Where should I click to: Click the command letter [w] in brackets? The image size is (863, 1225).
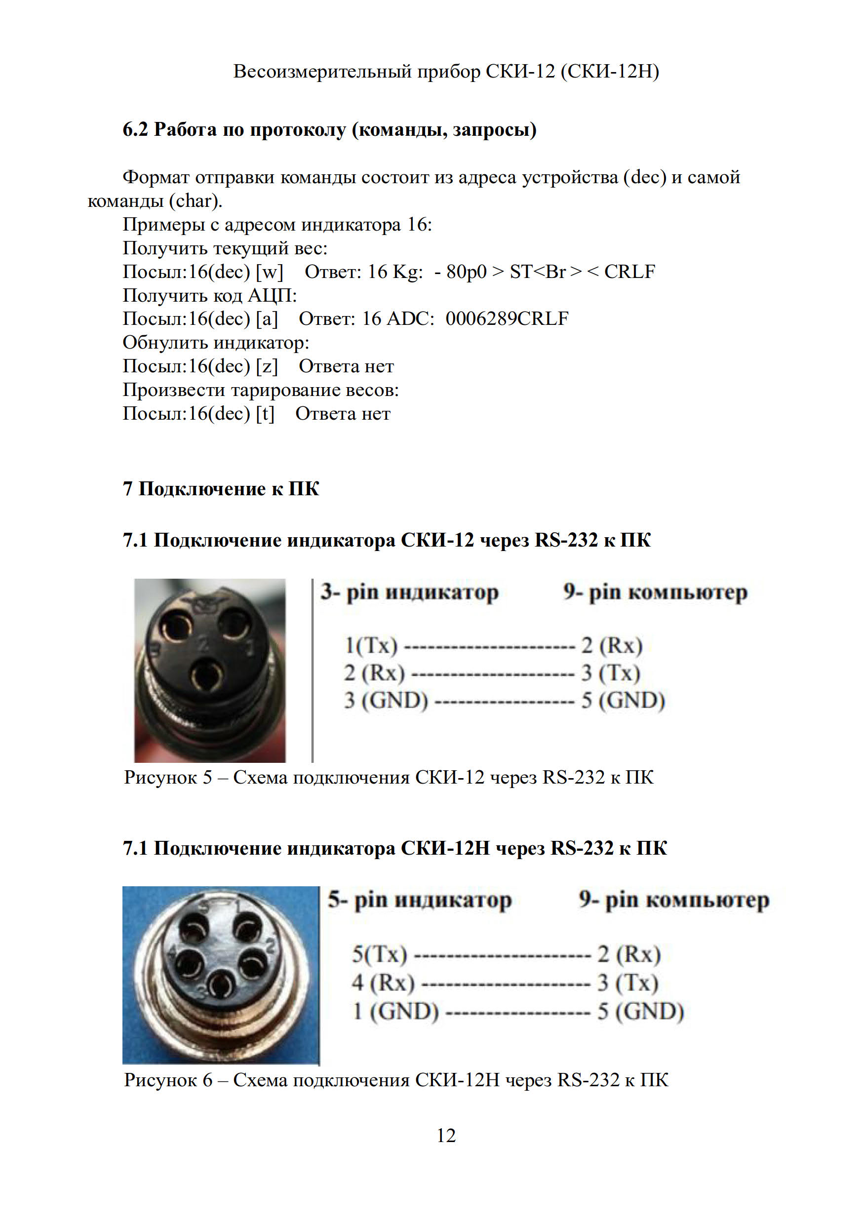[270, 272]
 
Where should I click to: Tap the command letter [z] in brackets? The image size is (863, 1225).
[267, 366]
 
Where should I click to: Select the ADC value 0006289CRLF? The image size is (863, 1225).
[507, 318]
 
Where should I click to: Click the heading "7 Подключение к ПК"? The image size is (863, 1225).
[221, 489]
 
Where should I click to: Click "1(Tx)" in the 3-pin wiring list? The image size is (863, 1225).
[371, 645]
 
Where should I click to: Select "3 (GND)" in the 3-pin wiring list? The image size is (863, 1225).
[386, 700]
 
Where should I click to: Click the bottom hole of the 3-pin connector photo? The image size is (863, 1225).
[207, 676]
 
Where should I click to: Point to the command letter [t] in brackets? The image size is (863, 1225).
[265, 413]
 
